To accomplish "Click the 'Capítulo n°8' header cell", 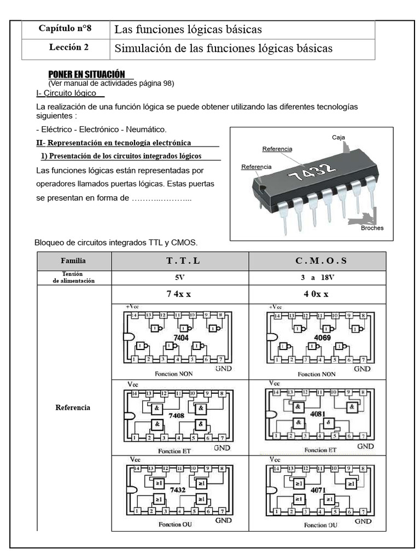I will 66,29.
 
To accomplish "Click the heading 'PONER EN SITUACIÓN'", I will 87,74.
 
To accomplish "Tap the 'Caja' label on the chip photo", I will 339,138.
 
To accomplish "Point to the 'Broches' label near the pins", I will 372,228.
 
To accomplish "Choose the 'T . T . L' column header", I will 180,261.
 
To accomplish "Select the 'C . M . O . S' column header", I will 317,261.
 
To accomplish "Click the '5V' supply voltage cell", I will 180,277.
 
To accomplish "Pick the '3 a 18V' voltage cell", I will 317,277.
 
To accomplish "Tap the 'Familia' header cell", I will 74,261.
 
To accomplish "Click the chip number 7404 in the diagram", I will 180,339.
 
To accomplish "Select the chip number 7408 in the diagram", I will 177,416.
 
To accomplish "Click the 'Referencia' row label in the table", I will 74,407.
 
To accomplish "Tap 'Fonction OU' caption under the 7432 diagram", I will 176,524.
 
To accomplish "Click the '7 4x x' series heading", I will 180,294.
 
